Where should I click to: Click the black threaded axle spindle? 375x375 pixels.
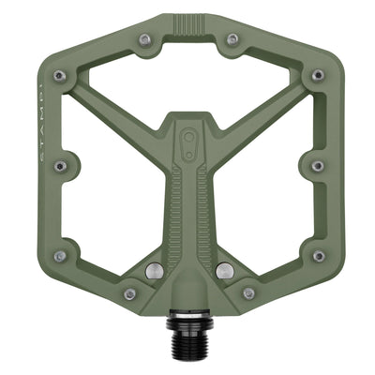[187, 330]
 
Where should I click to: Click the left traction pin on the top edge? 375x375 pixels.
[144, 39]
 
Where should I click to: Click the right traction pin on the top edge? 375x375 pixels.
[232, 39]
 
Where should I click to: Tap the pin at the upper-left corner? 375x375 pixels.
[59, 75]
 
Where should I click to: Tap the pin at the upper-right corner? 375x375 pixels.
[317, 75]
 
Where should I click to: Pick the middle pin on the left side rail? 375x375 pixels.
[60, 166]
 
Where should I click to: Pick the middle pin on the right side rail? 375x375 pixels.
[317, 166]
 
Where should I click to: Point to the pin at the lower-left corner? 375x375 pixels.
[59, 256]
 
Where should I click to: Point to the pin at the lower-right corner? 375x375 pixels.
[317, 256]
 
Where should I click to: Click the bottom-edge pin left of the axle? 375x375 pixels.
[129, 293]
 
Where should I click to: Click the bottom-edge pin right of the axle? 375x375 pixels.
[247, 293]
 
